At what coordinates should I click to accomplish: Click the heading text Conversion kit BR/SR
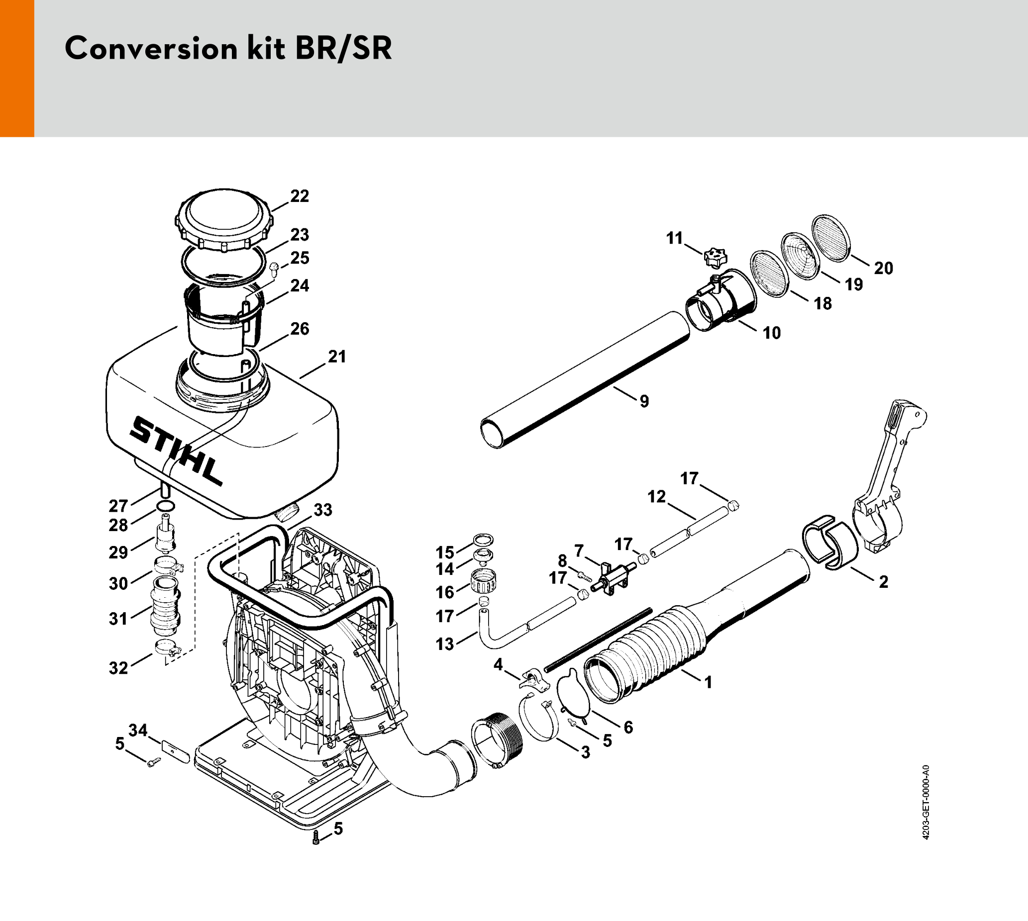click(228, 49)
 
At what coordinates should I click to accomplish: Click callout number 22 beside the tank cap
click(299, 196)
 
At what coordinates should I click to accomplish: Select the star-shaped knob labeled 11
click(715, 257)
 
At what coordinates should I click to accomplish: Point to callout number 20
click(883, 268)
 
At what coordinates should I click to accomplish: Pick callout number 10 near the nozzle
click(772, 333)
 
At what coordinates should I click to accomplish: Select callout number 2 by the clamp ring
click(883, 582)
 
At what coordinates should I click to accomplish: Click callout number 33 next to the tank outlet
click(323, 510)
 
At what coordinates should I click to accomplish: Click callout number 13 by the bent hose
click(445, 644)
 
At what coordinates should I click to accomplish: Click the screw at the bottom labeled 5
click(316, 837)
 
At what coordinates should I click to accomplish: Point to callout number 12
click(657, 497)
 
